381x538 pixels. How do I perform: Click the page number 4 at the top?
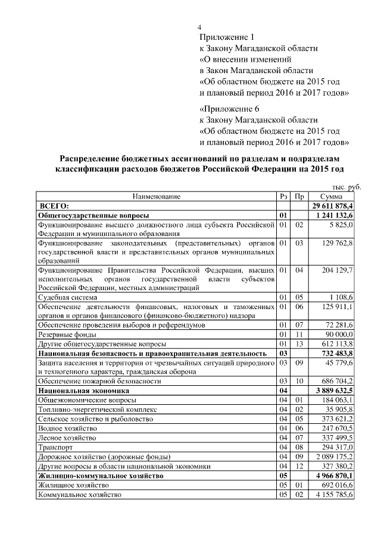[200, 28]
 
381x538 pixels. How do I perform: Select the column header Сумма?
[330, 196]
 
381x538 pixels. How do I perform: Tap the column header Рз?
[283, 196]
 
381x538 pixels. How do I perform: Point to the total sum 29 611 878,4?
[333, 205]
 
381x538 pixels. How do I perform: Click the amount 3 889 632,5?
[335, 391]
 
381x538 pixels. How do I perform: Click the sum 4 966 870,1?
[335, 476]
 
